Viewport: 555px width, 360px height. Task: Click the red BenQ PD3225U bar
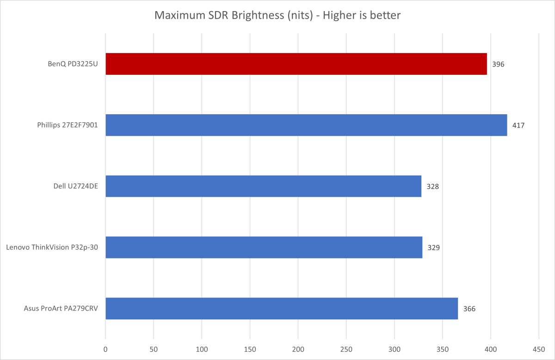point(296,64)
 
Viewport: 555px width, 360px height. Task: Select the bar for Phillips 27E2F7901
point(306,125)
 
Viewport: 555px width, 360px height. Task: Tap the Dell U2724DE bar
point(263,186)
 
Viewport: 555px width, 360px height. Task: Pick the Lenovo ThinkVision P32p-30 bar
point(264,247)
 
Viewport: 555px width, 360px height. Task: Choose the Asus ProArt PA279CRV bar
point(282,308)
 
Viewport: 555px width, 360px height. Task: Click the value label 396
point(498,64)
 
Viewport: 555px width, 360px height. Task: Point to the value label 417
point(518,125)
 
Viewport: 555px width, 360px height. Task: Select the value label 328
point(432,186)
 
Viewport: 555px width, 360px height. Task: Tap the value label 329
point(433,247)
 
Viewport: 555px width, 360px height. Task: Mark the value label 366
point(469,309)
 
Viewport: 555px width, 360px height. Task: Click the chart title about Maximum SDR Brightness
point(277,16)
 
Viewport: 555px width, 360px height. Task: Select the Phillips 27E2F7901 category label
point(68,125)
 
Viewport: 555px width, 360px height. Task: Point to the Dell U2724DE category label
point(75,186)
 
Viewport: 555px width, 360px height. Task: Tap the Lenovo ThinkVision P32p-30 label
point(52,247)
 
